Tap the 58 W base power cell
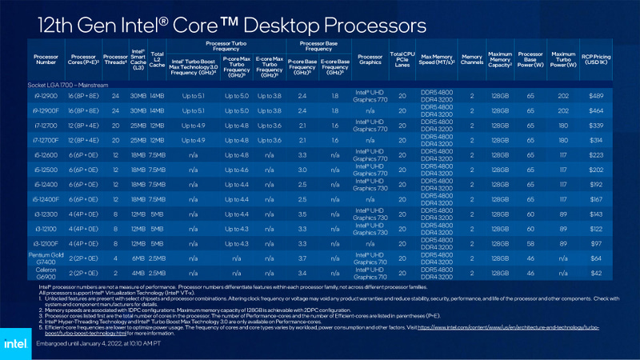[x=529, y=242]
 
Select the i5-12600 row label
[x=45, y=154]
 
